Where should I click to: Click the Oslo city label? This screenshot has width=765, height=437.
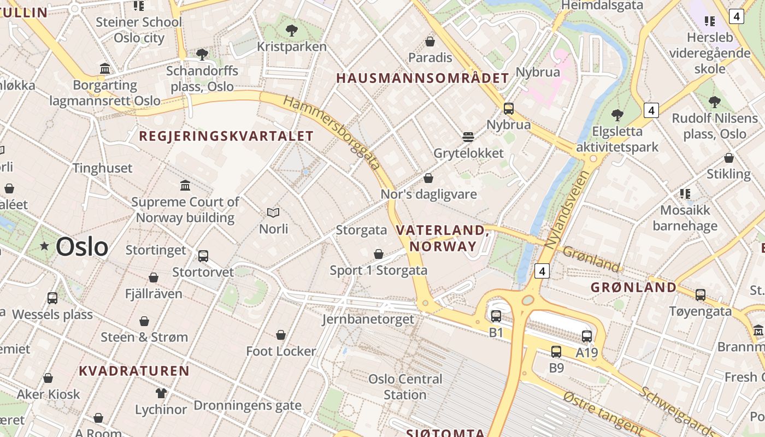pos(82,247)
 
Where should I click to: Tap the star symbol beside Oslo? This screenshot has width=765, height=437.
pos(44,246)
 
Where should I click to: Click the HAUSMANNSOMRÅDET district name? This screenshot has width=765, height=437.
pos(422,78)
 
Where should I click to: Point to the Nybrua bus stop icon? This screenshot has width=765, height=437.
pos(509,109)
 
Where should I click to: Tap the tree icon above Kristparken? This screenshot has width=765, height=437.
pos(292,30)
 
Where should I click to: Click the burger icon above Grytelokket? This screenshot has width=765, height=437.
pos(468,137)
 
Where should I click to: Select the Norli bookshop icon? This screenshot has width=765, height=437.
pos(273,212)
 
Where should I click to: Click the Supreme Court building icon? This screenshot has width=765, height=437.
pos(185,186)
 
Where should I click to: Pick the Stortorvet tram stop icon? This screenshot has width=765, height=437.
pos(203,256)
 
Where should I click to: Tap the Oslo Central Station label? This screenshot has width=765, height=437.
pos(405,387)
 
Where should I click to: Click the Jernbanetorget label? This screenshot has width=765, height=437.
pos(368,319)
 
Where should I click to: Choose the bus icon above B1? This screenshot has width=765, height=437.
pos(496,316)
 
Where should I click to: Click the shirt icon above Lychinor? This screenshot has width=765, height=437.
pos(161,393)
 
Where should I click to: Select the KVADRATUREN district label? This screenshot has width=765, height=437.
pos(134,371)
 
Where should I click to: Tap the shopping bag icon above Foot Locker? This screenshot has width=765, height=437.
pos(281,335)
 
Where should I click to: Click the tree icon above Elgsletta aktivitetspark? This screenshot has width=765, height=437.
pos(617,115)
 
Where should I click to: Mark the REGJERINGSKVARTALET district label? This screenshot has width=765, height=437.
pos(226,137)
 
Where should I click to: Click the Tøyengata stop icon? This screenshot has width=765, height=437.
pos(701,295)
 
